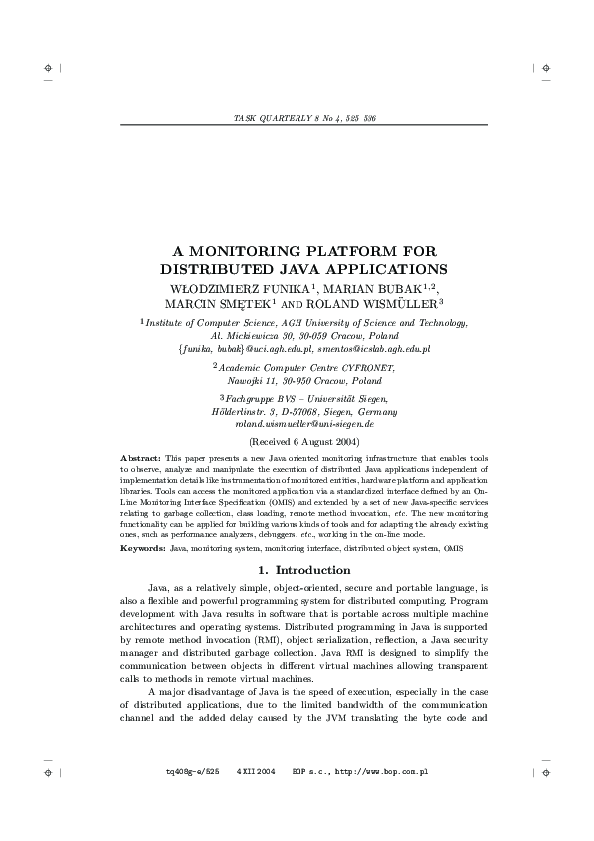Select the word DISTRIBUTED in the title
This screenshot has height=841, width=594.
tap(213, 269)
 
